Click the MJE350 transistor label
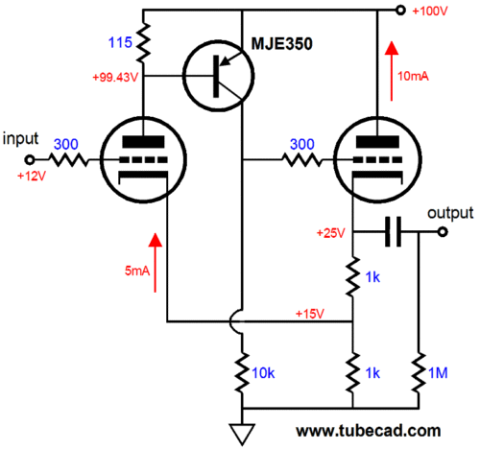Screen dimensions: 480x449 click(x=281, y=44)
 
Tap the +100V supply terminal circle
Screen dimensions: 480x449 click(x=400, y=11)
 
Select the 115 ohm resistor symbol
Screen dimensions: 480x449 click(x=143, y=42)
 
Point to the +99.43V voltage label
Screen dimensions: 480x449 click(x=115, y=77)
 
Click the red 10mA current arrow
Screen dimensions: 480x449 click(x=392, y=71)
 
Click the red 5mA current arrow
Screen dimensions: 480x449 click(x=156, y=263)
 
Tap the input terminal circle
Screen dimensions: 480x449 click(x=30, y=159)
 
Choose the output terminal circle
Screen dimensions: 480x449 click(x=443, y=231)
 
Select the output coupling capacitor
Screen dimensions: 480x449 click(x=393, y=231)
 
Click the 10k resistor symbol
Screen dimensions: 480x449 click(x=242, y=371)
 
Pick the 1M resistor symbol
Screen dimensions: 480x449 click(x=419, y=372)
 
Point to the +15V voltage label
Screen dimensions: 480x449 click(x=310, y=314)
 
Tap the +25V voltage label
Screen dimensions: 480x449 click(x=331, y=233)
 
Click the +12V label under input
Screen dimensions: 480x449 click(x=32, y=176)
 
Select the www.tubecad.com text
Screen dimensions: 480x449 click(x=369, y=431)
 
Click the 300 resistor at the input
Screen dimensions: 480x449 click(x=68, y=159)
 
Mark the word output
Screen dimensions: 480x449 click(x=450, y=213)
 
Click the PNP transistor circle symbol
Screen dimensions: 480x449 click(x=219, y=76)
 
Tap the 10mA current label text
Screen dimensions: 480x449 click(x=413, y=76)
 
